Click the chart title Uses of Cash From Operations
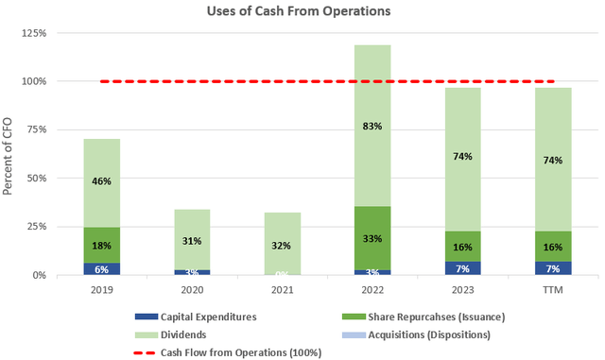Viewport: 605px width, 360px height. (302, 13)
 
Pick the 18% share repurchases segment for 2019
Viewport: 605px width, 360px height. (102, 245)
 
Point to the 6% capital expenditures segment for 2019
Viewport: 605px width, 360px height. (102, 268)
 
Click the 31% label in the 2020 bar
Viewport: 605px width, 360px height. (192, 241)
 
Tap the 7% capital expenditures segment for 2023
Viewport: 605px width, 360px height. (463, 268)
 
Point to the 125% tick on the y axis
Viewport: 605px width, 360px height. (34, 33)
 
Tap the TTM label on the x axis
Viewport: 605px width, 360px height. (553, 291)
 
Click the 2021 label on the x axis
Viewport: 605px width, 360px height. (282, 291)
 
